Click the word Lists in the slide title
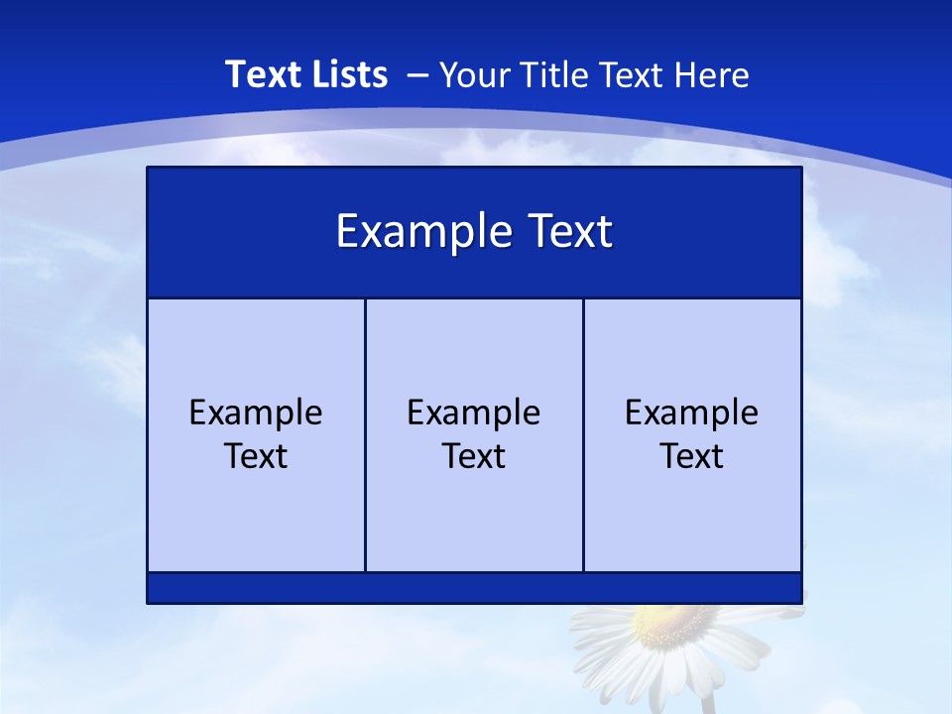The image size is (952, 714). pos(345,74)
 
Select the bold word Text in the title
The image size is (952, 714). pos(262,74)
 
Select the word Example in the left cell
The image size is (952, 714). pos(256,413)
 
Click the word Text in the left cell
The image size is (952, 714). pos(256,456)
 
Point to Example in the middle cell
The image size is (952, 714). pos(474,413)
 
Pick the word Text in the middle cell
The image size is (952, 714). pos(474,456)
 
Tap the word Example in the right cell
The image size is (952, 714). pos(691,413)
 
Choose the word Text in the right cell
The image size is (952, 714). pos(691,456)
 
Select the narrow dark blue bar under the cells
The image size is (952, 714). pos(474,587)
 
